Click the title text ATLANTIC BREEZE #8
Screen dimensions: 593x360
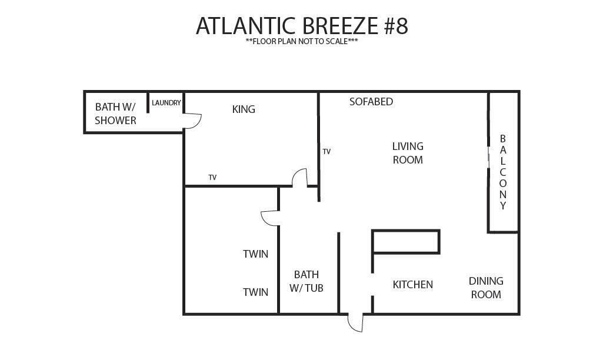302,26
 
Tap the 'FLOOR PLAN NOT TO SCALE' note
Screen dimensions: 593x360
302,41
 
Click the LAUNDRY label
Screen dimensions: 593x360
166,103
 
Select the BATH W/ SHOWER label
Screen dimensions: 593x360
115,114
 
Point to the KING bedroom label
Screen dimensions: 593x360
244,109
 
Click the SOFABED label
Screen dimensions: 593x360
371,102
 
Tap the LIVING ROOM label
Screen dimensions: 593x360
408,153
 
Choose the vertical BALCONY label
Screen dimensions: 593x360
502,172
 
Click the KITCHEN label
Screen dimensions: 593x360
412,285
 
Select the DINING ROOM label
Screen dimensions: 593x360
486,288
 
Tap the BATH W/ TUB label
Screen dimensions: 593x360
307,281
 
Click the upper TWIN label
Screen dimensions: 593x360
256,254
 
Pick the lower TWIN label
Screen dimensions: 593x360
256,292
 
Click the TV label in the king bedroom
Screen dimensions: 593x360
212,178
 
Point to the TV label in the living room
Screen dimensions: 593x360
327,152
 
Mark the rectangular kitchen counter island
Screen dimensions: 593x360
406,242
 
